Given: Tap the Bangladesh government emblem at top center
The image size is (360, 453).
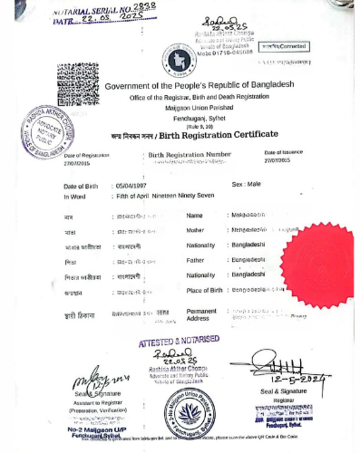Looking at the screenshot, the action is tap(179, 62).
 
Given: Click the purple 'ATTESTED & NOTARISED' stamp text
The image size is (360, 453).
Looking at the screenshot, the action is tap(179, 341).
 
